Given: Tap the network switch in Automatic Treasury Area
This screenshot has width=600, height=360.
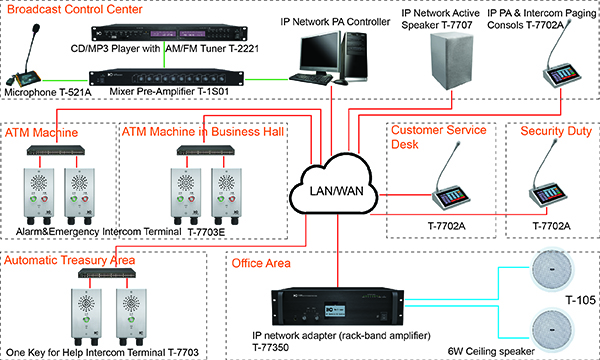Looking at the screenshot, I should tap(96, 275).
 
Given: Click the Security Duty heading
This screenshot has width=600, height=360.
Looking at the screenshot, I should tap(550, 131).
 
